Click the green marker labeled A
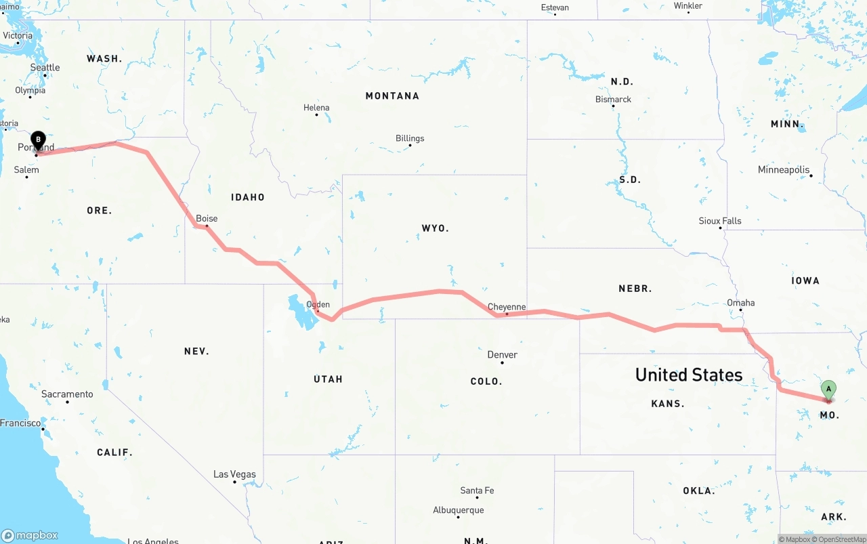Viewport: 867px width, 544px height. pos(828,390)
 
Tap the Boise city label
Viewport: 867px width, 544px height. pos(207,218)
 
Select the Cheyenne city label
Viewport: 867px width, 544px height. pos(507,307)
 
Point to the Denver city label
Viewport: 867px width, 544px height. pos(502,354)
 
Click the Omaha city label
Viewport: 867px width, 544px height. pos(740,303)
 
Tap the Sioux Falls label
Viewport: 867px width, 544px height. pos(720,221)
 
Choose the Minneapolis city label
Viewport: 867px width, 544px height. pos(784,169)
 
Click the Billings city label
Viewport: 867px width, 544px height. pos(410,138)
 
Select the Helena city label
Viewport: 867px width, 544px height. pos(316,108)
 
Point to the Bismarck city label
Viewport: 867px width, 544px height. pos(613,99)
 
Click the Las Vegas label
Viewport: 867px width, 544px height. pos(234,474)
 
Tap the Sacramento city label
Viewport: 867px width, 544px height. pos(67,394)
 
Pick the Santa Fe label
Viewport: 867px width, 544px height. pos(477,490)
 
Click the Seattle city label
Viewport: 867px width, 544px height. pos(45,67)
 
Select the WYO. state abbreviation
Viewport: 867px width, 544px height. pos(435,228)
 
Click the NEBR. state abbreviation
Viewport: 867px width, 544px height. pos(635,289)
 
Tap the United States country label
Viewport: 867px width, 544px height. pos(688,375)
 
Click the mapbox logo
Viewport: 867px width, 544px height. pos(30,535)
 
